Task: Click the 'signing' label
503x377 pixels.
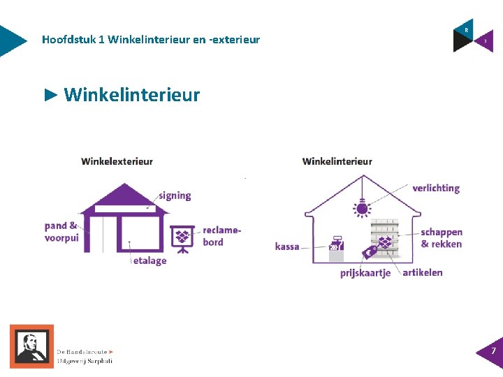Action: click(x=175, y=195)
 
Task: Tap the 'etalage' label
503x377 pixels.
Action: click(x=150, y=260)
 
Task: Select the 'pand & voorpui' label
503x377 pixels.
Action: click(x=61, y=231)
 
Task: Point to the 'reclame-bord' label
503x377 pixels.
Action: click(x=221, y=236)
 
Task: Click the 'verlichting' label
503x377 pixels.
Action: click(x=436, y=188)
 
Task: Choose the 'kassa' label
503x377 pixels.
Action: click(x=287, y=246)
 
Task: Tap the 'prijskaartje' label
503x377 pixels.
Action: click(x=365, y=273)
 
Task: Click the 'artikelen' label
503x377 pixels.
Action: click(x=423, y=272)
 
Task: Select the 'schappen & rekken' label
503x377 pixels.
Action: click(x=442, y=238)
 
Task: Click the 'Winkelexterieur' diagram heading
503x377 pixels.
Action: click(x=117, y=161)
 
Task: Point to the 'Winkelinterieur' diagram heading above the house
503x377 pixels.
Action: click(x=337, y=161)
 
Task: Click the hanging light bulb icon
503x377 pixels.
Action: click(x=362, y=207)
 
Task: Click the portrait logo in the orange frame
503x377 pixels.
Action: click(x=31, y=346)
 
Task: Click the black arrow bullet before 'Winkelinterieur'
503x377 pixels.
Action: click(x=50, y=94)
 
